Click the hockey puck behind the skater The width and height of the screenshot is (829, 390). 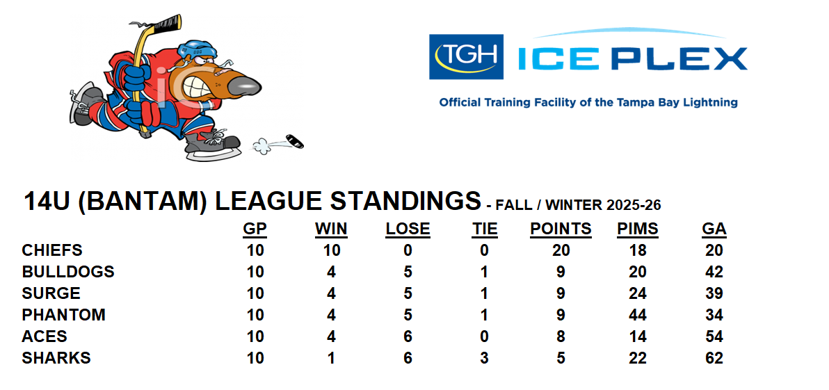click(x=295, y=141)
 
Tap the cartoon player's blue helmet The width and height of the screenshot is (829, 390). click(x=197, y=50)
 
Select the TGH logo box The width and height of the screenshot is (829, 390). click(x=466, y=56)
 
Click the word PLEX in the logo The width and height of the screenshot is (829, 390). click(x=679, y=58)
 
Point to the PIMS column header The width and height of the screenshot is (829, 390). click(x=638, y=229)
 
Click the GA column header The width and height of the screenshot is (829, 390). click(x=714, y=229)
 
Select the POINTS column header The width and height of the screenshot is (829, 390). click(x=561, y=229)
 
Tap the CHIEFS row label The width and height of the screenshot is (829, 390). click(x=52, y=250)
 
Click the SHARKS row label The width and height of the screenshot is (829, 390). click(x=56, y=358)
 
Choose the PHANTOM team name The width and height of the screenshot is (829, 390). click(x=63, y=315)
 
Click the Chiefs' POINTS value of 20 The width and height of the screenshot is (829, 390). click(x=561, y=250)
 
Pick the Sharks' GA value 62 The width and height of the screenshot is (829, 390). click(x=714, y=358)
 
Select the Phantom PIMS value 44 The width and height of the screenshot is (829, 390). click(x=638, y=315)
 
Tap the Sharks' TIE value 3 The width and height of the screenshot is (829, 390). click(x=484, y=358)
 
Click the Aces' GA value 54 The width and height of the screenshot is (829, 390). click(x=714, y=336)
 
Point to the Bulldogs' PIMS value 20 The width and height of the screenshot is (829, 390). click(x=638, y=272)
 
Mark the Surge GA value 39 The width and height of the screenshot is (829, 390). click(x=714, y=293)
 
